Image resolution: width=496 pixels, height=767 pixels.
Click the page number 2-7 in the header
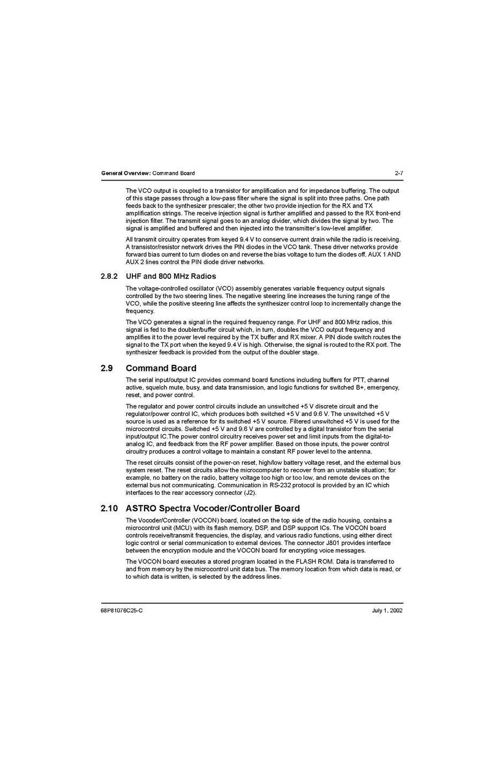point(399,173)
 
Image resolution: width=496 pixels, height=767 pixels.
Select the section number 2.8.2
point(109,276)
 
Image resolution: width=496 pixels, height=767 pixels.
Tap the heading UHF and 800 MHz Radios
point(171,276)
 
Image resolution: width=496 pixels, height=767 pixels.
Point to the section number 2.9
point(107,368)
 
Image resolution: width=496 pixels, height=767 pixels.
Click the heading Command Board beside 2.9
point(161,368)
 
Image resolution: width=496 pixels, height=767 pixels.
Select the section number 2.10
point(109,508)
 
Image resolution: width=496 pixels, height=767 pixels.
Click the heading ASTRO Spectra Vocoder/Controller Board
point(213,508)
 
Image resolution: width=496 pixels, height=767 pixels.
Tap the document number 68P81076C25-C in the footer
point(122,610)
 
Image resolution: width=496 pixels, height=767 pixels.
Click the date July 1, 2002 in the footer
point(387,610)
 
